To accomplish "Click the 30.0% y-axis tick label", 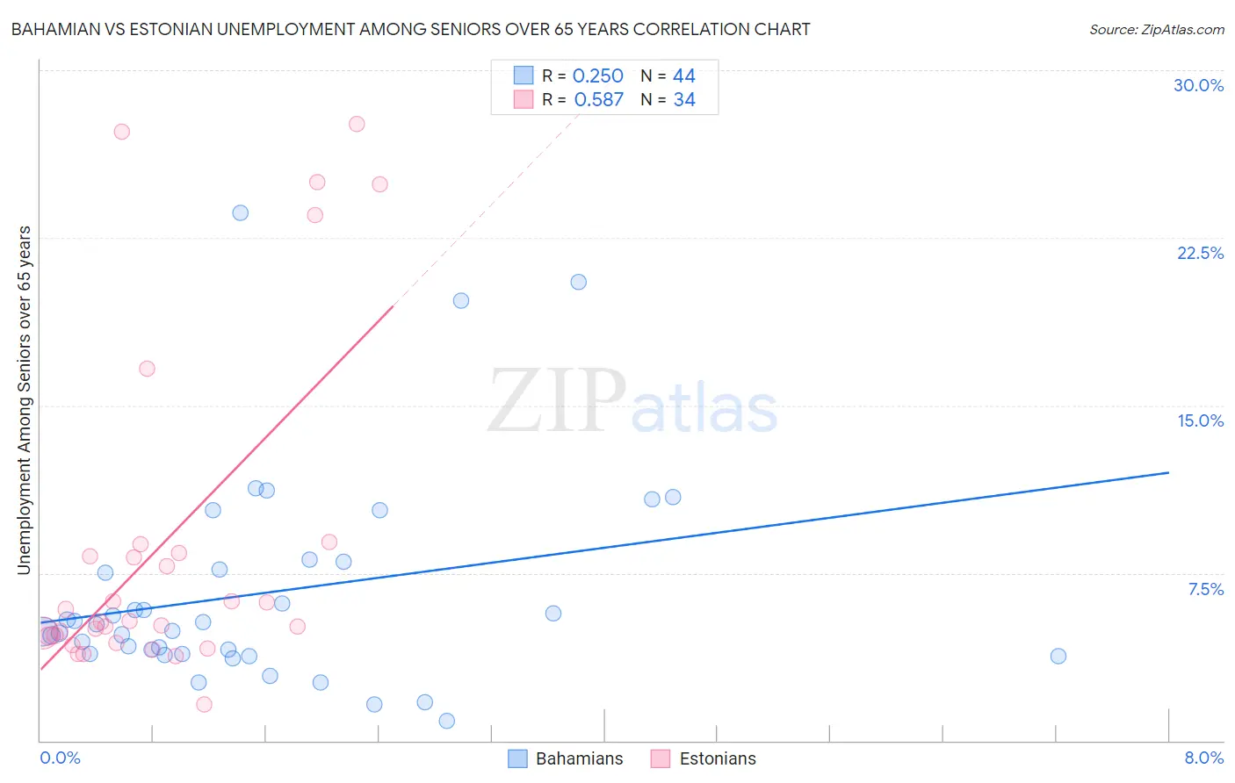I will tap(1198, 85).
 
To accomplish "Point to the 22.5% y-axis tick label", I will tap(1200, 253).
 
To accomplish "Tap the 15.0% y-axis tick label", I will tap(1200, 420).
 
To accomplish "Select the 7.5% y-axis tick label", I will tap(1205, 589).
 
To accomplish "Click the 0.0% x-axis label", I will tap(60, 758).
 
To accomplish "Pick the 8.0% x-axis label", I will tap(1203, 758).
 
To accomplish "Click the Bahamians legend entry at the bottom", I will tap(566, 758).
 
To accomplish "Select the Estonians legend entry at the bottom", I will tap(704, 758).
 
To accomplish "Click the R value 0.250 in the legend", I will tap(597, 76).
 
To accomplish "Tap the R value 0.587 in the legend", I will tap(598, 100).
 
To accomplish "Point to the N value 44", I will tap(683, 76).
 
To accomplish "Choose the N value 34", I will tap(683, 100).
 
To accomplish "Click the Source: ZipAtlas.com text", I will tap(1156, 30).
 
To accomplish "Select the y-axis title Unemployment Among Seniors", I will tap(24, 400).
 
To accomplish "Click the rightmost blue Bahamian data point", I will tap(1058, 656).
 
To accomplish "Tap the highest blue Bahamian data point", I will tap(240, 212).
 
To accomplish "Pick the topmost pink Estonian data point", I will tap(357, 124).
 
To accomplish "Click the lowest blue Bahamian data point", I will tap(446, 721).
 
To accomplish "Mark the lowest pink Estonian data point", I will tap(204, 704).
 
